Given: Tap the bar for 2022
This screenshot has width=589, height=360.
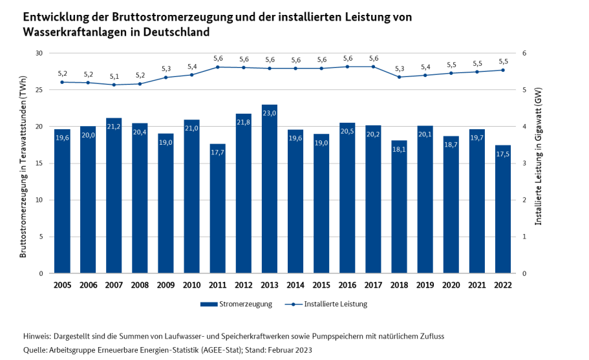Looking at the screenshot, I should tap(503, 209).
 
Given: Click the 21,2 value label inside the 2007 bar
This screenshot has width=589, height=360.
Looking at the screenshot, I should tap(114, 127).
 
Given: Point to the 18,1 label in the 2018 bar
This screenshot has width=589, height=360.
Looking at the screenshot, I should tap(400, 149).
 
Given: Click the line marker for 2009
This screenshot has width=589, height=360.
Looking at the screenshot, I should tap(166, 78).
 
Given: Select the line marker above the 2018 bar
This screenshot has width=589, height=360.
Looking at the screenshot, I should tap(400, 77).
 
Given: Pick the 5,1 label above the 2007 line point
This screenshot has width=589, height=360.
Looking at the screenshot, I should tap(114, 76).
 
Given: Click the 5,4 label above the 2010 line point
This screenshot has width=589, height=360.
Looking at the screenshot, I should tap(192, 66).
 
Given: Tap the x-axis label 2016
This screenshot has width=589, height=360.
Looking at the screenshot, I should tap(347, 285).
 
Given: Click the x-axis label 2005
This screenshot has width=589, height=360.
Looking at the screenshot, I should tap(62, 285).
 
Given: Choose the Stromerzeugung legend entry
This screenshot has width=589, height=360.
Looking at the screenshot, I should tap(237, 304).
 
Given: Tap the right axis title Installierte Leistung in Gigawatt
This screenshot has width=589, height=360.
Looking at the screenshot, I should tap(538, 157).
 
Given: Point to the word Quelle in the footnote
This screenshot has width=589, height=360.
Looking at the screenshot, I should tap(36, 350).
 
